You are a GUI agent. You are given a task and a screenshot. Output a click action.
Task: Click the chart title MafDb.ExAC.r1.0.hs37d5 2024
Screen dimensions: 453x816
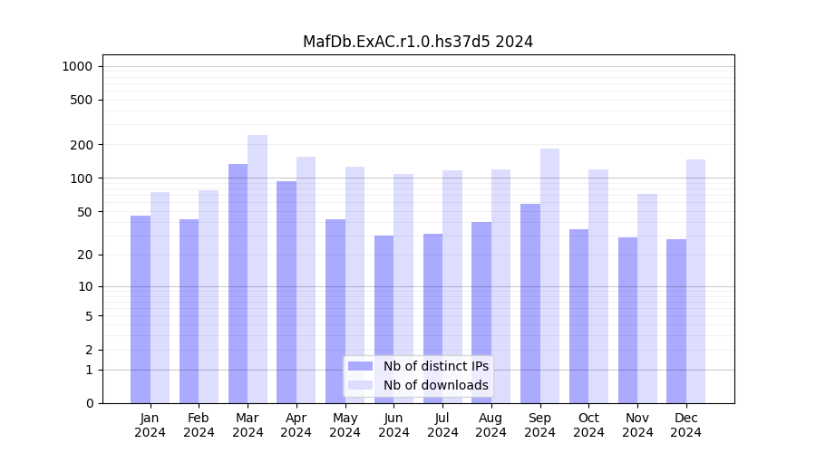418,42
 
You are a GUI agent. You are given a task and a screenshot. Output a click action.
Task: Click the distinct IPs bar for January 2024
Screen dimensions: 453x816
141,309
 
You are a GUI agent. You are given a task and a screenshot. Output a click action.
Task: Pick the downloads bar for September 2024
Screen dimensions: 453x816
549,275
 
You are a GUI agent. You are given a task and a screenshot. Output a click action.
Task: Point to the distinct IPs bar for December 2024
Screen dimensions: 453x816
676,321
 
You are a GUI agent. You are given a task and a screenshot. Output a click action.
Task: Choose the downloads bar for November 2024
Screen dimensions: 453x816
647,298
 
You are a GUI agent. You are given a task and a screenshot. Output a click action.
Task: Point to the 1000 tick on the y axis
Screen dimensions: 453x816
76,66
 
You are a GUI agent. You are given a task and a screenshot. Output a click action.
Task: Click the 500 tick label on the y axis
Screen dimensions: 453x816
83,100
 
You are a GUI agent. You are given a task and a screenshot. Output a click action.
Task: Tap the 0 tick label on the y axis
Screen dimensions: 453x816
90,403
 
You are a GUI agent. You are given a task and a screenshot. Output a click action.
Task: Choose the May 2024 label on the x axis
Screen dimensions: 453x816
345,425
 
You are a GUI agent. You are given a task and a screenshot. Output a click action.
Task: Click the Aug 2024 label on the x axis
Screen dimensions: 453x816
491,425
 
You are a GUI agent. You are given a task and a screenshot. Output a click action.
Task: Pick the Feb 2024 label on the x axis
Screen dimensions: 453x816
199,425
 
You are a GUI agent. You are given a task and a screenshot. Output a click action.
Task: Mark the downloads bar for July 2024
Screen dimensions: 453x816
452,286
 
